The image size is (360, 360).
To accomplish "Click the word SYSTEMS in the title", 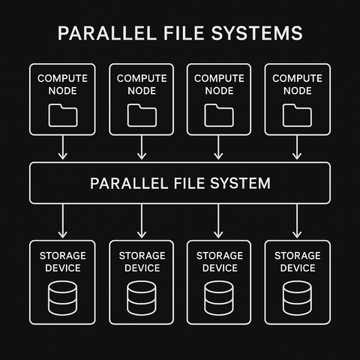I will (262, 34).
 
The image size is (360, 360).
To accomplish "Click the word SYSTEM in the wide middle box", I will (238, 183).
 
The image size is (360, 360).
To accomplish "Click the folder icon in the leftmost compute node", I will (63, 114).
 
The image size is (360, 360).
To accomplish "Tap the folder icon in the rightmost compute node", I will (296, 114).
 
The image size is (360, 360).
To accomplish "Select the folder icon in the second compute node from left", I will (141, 114).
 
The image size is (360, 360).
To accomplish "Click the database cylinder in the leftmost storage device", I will (63, 298).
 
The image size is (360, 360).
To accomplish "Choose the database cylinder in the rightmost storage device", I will (296, 298).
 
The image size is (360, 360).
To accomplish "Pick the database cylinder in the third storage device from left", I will (219, 298).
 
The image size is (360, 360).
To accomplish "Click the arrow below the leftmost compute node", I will (63, 150).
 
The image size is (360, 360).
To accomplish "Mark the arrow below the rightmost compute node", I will (296, 150).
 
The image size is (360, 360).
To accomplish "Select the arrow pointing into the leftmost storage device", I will (63, 221).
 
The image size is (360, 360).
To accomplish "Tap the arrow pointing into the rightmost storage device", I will (296, 221).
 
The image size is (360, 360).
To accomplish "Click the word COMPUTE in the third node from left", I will (219, 78).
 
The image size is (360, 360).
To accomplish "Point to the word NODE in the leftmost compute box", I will (63, 90).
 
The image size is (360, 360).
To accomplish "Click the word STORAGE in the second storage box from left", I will (141, 256).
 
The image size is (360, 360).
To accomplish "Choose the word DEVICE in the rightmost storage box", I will (296, 268).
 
